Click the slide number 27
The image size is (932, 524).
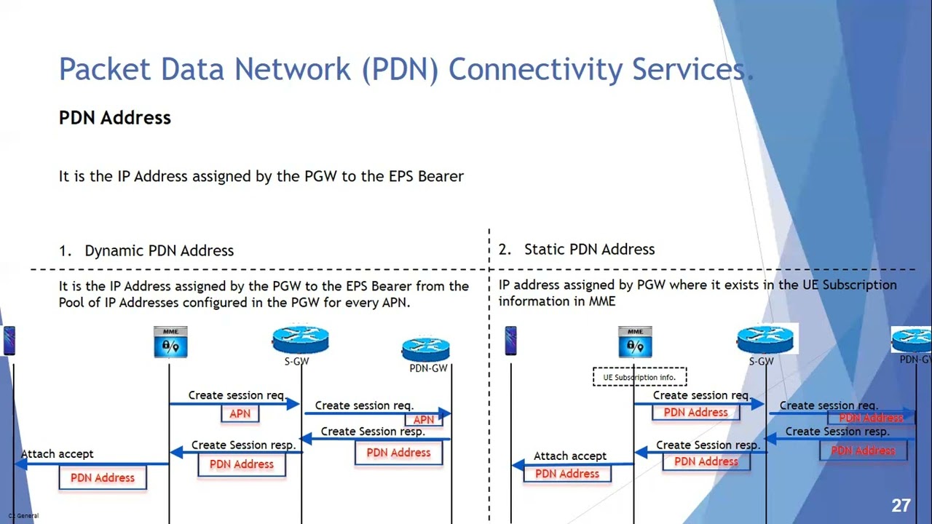tap(901, 506)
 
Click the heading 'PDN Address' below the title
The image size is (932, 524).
tap(115, 118)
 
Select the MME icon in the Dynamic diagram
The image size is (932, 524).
tap(170, 342)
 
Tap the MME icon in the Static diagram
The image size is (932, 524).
tap(635, 342)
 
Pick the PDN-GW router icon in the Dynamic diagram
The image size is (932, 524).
tap(426, 349)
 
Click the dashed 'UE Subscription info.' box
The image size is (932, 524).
tap(639, 377)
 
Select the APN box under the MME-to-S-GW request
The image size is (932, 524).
tap(240, 413)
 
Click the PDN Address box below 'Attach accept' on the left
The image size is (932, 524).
tap(103, 477)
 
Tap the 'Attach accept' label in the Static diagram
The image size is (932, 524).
tap(570, 456)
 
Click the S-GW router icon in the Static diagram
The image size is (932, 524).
tap(765, 340)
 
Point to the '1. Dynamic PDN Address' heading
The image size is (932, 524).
tap(146, 250)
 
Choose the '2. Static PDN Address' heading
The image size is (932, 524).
tap(577, 249)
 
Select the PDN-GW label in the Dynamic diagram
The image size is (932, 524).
tap(428, 368)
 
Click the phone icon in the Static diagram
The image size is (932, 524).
tap(510, 341)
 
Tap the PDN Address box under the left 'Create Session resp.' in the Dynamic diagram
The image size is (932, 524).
tap(242, 464)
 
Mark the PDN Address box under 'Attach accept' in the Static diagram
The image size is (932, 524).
tap(567, 474)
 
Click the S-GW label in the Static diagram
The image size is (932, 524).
tap(761, 361)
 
